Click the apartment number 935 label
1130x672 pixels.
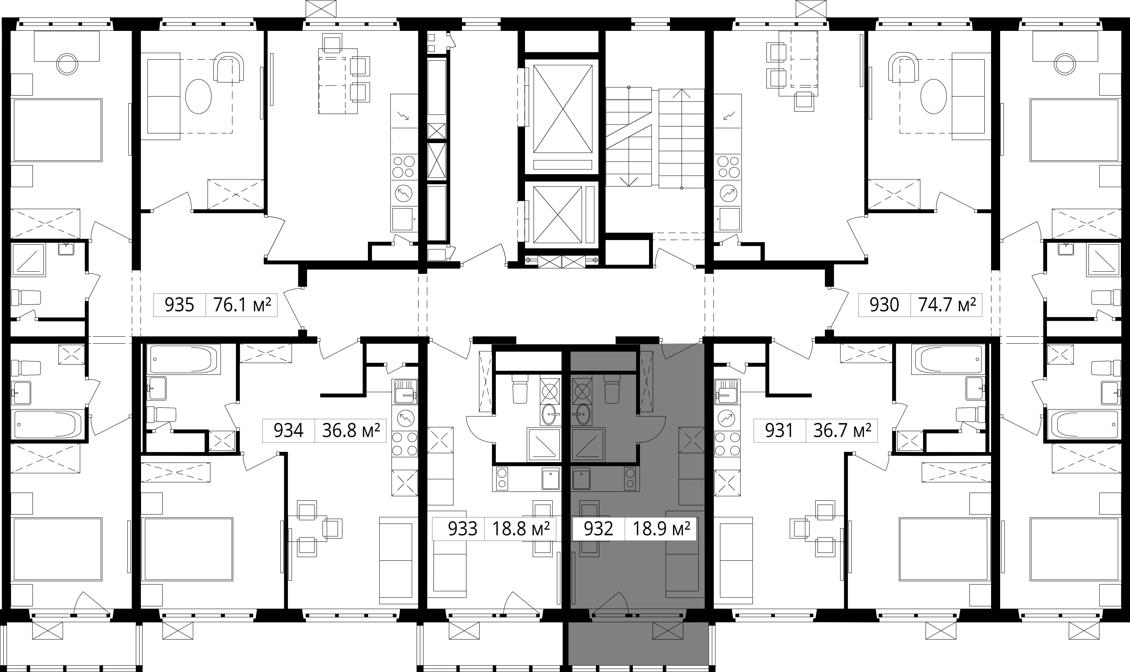[x=180, y=305]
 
